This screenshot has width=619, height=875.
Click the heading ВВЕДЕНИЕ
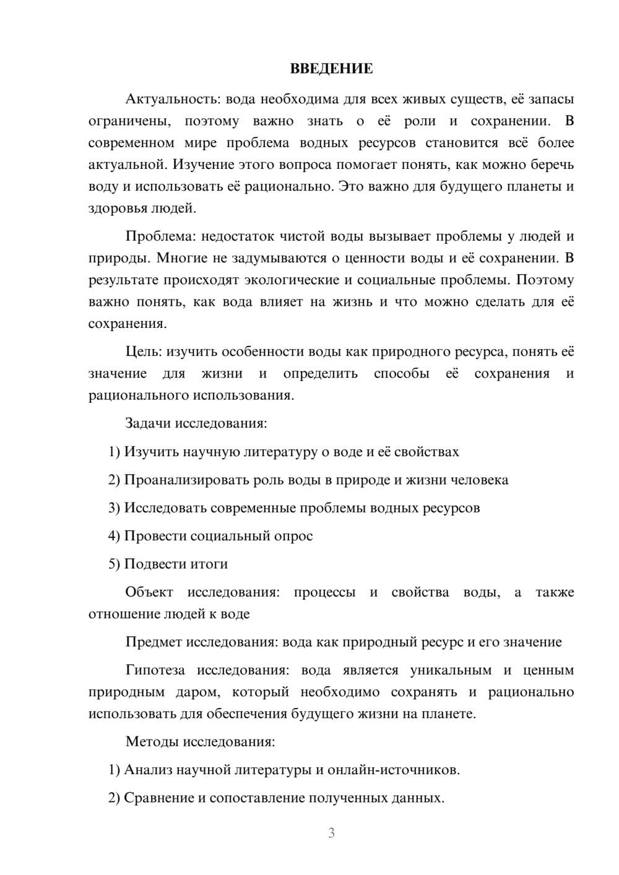331,69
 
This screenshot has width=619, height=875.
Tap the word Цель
144,352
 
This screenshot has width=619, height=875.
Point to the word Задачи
148,424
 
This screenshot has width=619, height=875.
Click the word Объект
150,592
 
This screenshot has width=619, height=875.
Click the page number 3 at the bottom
331,833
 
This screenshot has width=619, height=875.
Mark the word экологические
292,280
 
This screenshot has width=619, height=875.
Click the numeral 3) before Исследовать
114,509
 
